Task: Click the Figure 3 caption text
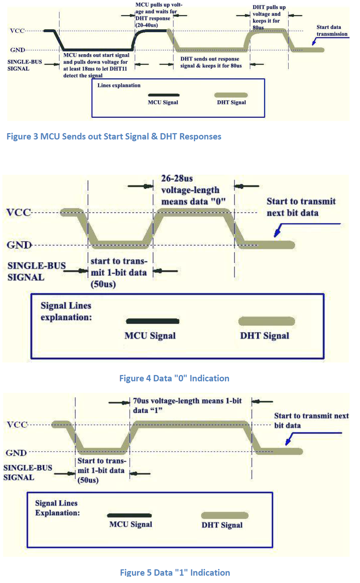pos(114,136)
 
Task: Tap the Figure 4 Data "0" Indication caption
pos(174,378)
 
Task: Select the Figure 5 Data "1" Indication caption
pos(175,573)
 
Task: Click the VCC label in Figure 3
pos(17,31)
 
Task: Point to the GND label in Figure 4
pos(19,245)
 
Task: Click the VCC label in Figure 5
pos(17,425)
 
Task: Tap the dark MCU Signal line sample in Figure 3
pos(164,95)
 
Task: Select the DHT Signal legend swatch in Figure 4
pos(266,321)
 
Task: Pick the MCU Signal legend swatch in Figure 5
pos(129,515)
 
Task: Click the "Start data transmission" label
pos(332,30)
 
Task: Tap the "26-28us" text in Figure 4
pos(177,179)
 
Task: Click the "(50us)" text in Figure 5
pos(88,480)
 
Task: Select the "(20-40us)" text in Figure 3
pos(147,25)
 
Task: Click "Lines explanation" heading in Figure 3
pos(119,85)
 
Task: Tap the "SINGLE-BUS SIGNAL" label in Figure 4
pos(36,271)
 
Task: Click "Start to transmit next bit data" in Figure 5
pos(311,420)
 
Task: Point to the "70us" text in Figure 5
pos(141,401)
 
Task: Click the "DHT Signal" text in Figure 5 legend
pos(222,525)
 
